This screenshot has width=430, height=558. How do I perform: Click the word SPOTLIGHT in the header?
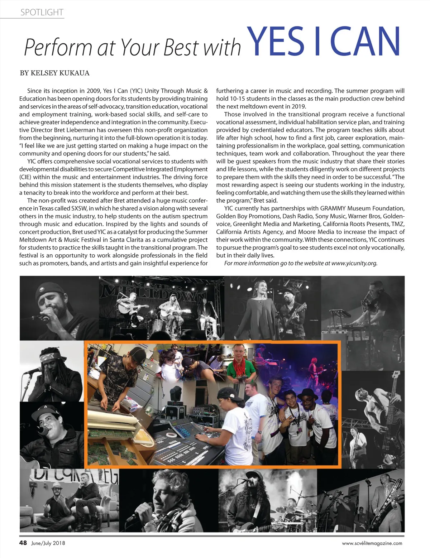pos(42,13)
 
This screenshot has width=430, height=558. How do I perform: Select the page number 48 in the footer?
pos(23,543)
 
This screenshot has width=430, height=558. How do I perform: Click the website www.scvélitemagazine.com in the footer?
pos(372,543)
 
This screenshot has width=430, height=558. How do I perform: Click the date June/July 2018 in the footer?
pos(48,543)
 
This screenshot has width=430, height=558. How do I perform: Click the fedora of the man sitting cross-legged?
pos(57,486)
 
